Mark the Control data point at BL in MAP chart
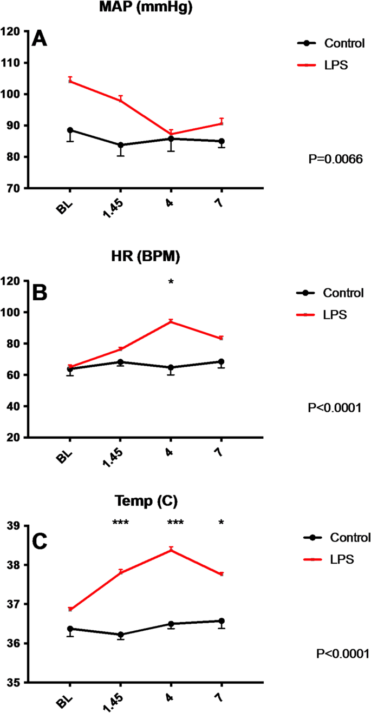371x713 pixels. click(x=70, y=130)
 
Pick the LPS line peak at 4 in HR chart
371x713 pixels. click(x=171, y=321)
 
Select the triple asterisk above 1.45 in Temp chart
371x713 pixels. click(x=120, y=523)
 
